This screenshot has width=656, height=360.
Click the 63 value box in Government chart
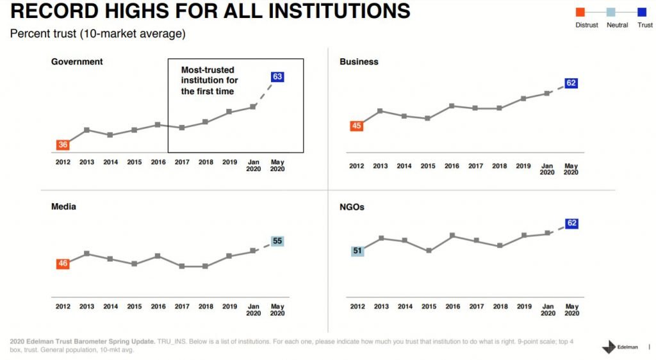(x=277, y=77)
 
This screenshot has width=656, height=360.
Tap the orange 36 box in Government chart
(x=63, y=145)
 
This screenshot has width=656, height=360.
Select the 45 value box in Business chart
(x=357, y=126)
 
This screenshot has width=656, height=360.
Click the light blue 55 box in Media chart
(x=277, y=241)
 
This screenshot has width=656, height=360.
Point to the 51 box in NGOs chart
(x=357, y=251)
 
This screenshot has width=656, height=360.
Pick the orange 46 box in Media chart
(x=63, y=263)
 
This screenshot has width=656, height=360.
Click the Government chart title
(x=77, y=62)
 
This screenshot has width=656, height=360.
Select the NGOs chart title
(x=352, y=208)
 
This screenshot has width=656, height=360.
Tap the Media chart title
(x=63, y=207)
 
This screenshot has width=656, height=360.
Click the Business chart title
(x=359, y=62)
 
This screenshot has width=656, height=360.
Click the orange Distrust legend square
(x=580, y=12)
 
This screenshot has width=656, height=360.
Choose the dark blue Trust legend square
(x=641, y=12)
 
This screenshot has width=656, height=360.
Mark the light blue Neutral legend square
(x=611, y=12)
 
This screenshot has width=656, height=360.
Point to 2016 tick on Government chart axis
(x=158, y=162)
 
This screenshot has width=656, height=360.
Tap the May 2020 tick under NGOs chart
(x=571, y=310)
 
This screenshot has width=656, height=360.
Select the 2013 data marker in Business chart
(x=381, y=111)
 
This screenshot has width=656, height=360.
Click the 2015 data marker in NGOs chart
(x=429, y=251)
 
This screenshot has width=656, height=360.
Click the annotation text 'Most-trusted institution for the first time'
(x=209, y=81)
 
